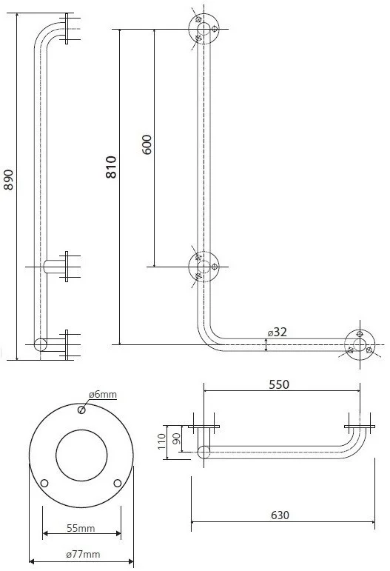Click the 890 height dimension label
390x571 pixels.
8,179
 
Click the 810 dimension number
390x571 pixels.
111,167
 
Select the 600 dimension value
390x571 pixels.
147,144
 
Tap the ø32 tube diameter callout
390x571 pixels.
278,332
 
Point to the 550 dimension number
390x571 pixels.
279,384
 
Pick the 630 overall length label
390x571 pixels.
280,515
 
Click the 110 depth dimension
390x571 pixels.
162,441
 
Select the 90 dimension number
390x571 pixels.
176,439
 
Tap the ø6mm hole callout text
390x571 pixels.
103,395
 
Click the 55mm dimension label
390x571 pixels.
81,528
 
